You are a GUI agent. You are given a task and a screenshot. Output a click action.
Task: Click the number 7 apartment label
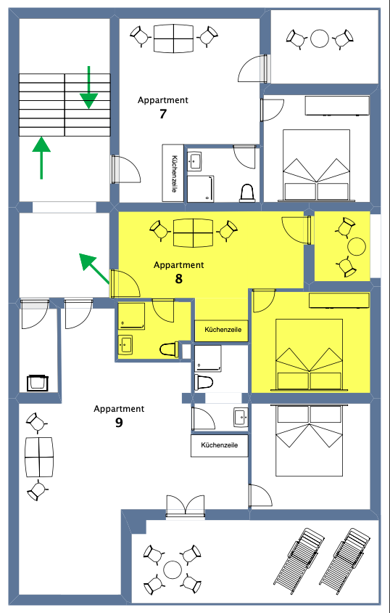163,114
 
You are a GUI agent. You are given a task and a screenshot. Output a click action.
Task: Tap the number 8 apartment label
178,279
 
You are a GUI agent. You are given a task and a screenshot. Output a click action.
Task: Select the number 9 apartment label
119,423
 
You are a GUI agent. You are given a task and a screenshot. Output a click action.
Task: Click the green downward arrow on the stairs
89,87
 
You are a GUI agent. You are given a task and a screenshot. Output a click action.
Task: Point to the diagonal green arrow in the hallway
94,268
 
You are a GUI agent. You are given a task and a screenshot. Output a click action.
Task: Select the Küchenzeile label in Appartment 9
219,445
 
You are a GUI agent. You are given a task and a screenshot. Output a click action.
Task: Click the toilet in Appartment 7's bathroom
247,192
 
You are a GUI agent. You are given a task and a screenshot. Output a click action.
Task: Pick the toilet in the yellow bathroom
169,349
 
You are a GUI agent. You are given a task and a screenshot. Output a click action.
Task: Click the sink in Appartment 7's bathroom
194,161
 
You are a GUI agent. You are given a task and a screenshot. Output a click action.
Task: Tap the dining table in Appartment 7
173,38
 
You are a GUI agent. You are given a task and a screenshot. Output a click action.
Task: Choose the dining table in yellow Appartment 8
193,233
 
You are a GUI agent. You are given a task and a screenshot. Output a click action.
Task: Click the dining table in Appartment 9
39,457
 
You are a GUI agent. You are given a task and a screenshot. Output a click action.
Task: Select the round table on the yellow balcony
357,247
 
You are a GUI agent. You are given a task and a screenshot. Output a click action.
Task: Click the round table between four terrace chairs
172,569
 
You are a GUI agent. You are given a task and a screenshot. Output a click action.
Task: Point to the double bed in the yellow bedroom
310,354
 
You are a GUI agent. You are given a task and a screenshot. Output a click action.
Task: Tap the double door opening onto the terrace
186,506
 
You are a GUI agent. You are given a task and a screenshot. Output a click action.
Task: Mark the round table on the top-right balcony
320,38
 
